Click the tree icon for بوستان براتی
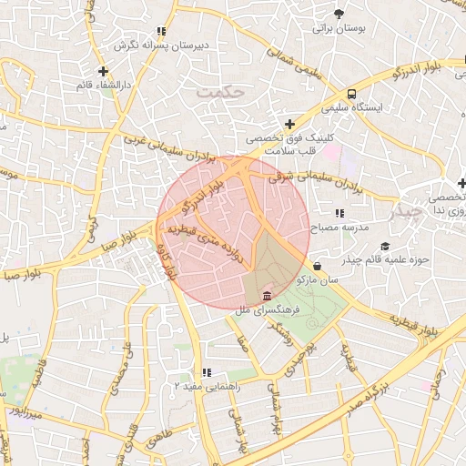pos(339,14)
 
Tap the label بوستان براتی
pos(339,29)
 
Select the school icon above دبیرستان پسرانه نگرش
pos(161,31)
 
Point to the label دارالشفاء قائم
pos(104,85)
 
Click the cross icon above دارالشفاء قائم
pos(104,70)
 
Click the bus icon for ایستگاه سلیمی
pos(351,94)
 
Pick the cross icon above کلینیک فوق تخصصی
pos(289,124)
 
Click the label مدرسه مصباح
pos(339,225)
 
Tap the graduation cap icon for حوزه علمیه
pos(384,247)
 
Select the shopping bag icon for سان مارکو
pos(316,266)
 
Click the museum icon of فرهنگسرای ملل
pos(267,297)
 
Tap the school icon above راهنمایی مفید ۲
pos(208,372)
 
